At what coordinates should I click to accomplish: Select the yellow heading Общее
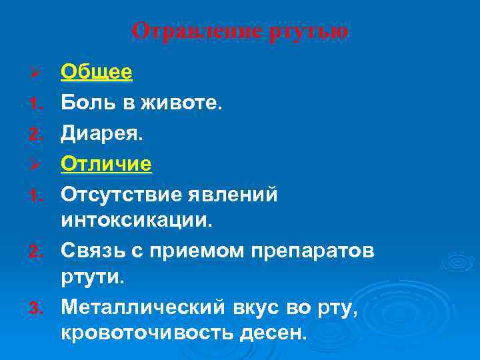point(97,72)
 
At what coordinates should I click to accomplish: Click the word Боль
point(83,103)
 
